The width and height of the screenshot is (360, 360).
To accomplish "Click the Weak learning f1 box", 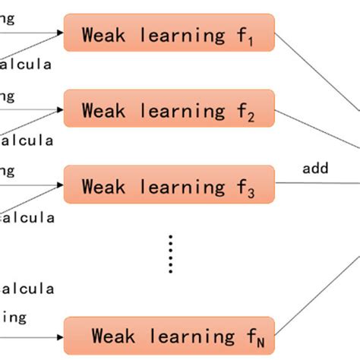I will click(x=169, y=33).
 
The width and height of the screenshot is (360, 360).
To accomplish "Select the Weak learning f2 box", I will click(x=169, y=109).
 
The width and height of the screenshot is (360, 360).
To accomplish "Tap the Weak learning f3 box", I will click(x=169, y=185).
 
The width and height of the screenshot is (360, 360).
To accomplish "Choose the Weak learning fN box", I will click(x=169, y=335).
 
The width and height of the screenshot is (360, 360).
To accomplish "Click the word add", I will click(x=315, y=168).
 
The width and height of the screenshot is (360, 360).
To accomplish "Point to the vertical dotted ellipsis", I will click(x=172, y=253).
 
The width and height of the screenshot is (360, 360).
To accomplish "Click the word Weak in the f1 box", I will click(x=103, y=33).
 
